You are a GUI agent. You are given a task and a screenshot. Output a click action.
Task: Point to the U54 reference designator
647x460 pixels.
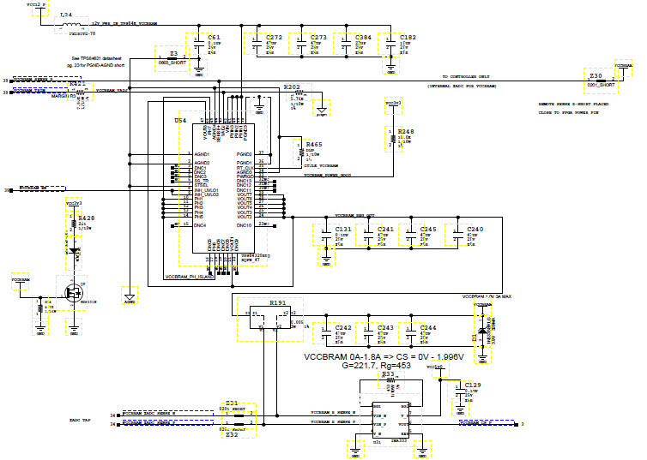click(179, 122)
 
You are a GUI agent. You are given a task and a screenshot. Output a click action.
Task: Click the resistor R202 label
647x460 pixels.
click(292, 87)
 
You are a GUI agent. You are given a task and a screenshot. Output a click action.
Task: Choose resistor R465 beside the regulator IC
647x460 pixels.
click(299, 151)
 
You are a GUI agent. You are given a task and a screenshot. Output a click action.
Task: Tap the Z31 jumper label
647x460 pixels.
click(232, 403)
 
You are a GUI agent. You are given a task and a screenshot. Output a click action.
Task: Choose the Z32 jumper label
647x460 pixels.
click(232, 435)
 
